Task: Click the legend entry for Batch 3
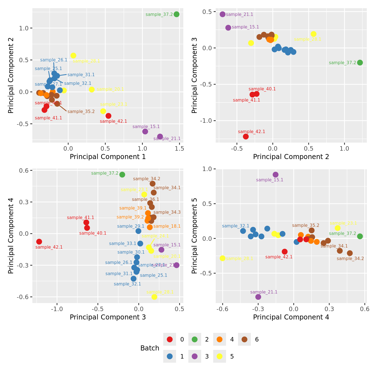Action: [195, 356]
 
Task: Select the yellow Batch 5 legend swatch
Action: [220, 356]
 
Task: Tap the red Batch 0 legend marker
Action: [170, 339]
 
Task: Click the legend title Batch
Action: [150, 348]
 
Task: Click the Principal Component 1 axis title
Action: [108, 157]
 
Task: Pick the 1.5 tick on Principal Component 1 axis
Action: [179, 148]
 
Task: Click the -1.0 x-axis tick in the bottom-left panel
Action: [57, 309]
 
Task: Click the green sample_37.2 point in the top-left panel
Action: [176, 14]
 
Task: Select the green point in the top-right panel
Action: [360, 62]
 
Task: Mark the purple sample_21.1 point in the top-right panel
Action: [222, 14]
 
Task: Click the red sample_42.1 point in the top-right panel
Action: [246, 136]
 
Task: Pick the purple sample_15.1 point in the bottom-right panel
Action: [276, 175]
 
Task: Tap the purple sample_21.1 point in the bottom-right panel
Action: [258, 297]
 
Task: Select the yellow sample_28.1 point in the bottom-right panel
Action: [222, 258]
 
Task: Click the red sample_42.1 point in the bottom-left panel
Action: [39, 242]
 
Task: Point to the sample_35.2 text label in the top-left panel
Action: [81, 112]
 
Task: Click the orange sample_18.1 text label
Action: [167, 226]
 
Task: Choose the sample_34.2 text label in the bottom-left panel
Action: [146, 179]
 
